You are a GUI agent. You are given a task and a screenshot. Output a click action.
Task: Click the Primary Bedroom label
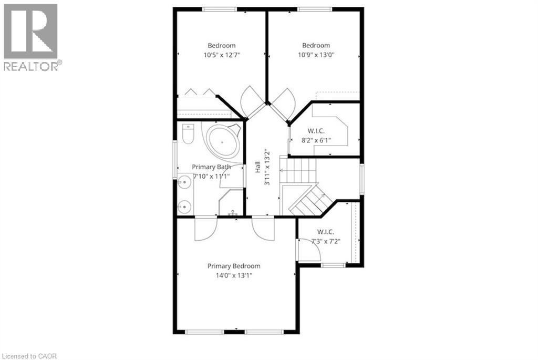tap(233, 266)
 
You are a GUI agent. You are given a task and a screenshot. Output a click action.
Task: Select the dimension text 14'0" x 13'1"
tap(233, 275)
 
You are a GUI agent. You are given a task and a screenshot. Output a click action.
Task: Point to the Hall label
tap(257, 168)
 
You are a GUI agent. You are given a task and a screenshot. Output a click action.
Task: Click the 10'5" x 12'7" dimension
tap(221, 55)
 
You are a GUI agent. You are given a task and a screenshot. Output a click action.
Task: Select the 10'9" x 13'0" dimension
tap(316, 55)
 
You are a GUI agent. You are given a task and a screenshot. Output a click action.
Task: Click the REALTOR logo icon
tap(30, 31)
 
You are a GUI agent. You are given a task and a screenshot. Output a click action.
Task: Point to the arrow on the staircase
tap(282, 170)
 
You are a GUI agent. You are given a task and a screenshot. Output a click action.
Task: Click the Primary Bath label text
tap(211, 167)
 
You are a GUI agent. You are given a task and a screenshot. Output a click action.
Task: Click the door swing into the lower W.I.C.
tap(309, 249)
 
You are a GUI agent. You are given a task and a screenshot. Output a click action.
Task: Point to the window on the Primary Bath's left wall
tap(175, 160)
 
